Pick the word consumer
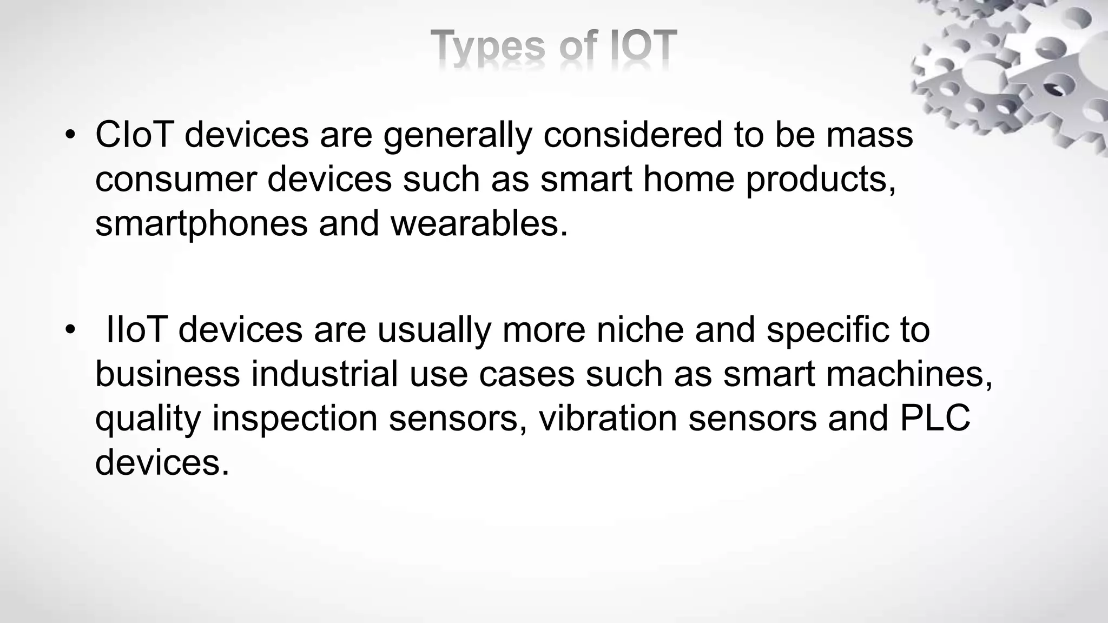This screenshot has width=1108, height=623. point(175,180)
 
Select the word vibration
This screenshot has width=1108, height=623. point(608,419)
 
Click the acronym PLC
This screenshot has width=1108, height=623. point(935,419)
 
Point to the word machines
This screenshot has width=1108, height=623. point(909,374)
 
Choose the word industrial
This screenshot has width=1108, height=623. point(325,374)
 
